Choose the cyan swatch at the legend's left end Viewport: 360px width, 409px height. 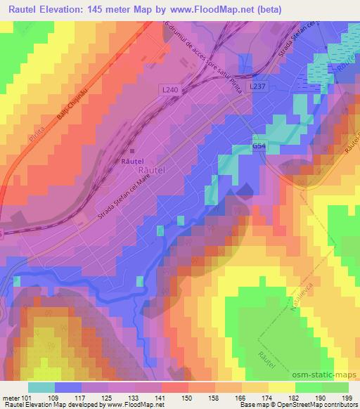click(41, 387)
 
